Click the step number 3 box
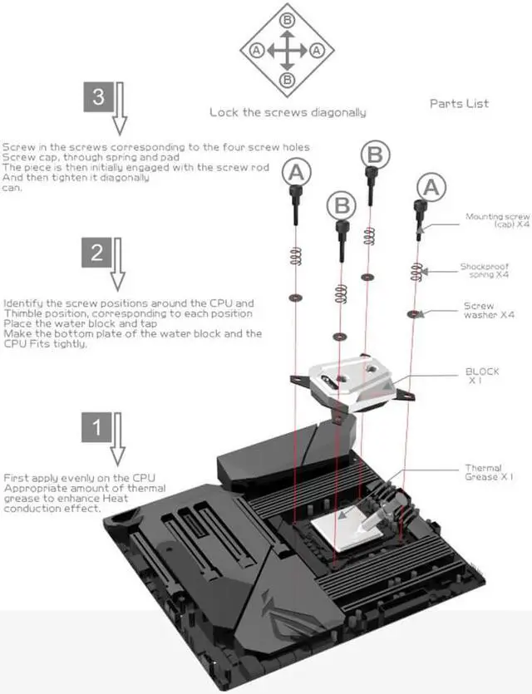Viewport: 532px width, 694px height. [98, 97]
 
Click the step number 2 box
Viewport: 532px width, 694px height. [98, 253]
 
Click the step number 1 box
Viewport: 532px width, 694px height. [98, 428]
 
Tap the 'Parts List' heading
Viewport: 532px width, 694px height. [459, 104]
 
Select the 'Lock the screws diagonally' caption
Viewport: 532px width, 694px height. [287, 112]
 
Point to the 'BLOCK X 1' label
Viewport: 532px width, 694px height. [482, 376]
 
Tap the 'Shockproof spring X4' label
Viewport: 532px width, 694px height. [485, 270]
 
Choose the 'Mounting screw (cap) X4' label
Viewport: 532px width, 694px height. [497, 220]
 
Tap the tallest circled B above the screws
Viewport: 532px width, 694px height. [376, 154]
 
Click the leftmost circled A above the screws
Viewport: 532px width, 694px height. [298, 173]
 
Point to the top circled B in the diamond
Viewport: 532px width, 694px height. [288, 19]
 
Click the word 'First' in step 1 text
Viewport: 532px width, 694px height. [16, 479]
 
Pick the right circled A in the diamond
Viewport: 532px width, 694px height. [317, 50]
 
